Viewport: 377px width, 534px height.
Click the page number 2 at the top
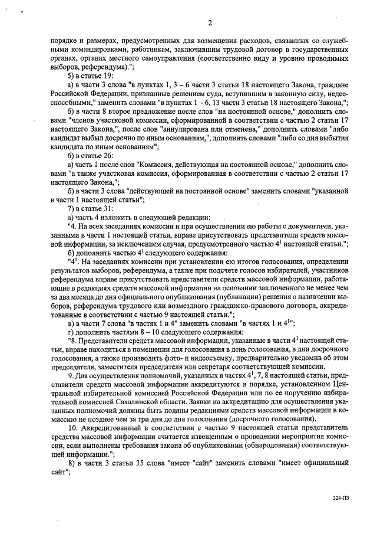pyautogui.click(x=193, y=24)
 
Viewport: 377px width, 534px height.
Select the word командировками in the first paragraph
pyautogui.click(x=78, y=50)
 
